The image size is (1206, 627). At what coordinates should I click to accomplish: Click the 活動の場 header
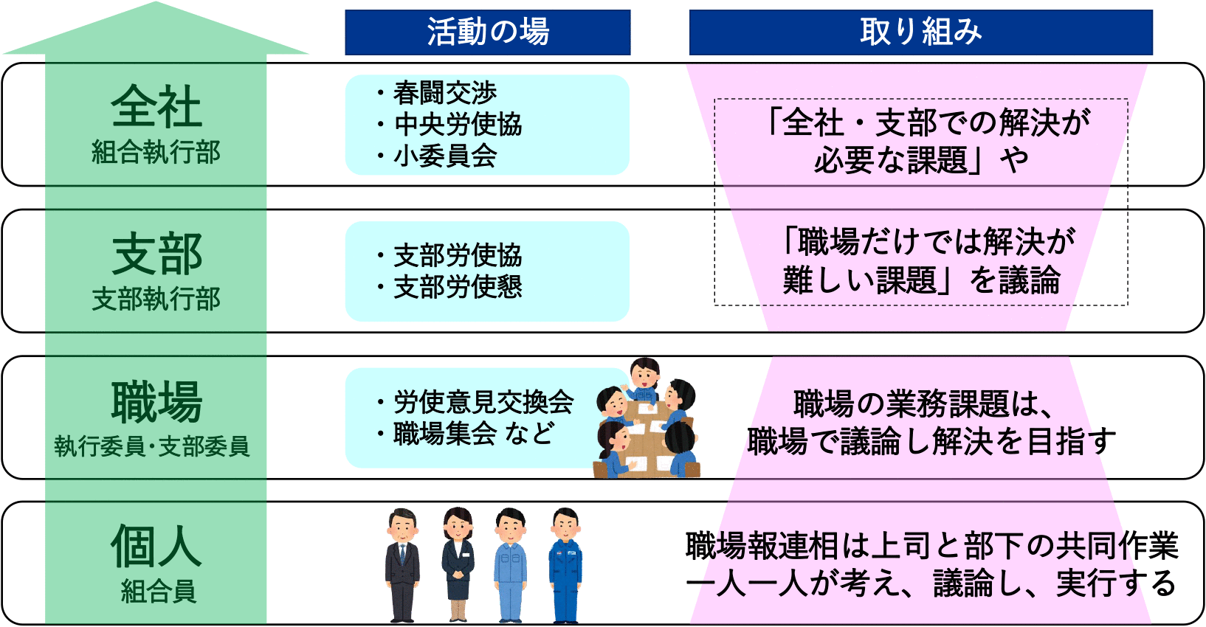(x=487, y=32)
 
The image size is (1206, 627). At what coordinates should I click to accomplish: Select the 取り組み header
(x=920, y=32)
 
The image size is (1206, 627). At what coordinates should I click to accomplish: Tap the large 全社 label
(x=156, y=106)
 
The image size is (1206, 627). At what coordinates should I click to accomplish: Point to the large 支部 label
(x=156, y=254)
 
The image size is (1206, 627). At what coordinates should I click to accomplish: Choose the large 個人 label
(x=156, y=547)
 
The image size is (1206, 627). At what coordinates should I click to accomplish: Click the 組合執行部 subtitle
(x=156, y=152)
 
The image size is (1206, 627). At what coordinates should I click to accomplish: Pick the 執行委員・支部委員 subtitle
(x=152, y=446)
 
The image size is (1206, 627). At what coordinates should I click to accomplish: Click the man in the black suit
(x=402, y=565)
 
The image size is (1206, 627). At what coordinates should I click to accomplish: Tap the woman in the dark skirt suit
(x=458, y=564)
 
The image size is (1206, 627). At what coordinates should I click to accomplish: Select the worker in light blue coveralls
(x=511, y=565)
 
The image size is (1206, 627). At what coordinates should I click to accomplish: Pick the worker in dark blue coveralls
(x=565, y=565)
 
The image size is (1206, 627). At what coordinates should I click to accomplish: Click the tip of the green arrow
(x=156, y=2)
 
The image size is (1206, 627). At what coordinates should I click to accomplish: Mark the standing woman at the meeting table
(x=644, y=380)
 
